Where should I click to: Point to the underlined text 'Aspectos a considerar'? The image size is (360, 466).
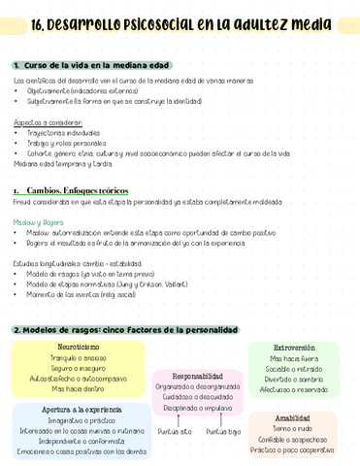[x=48, y=122]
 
